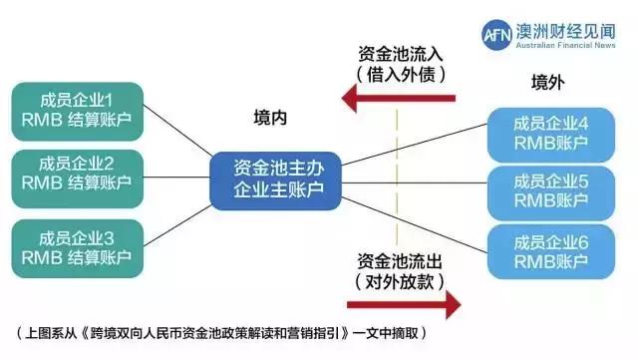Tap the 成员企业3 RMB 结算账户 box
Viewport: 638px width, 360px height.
[x=76, y=247]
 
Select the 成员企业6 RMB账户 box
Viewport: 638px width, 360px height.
[x=550, y=249]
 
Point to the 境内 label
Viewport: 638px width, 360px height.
[x=270, y=119]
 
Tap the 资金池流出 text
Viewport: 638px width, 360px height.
[x=400, y=262]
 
